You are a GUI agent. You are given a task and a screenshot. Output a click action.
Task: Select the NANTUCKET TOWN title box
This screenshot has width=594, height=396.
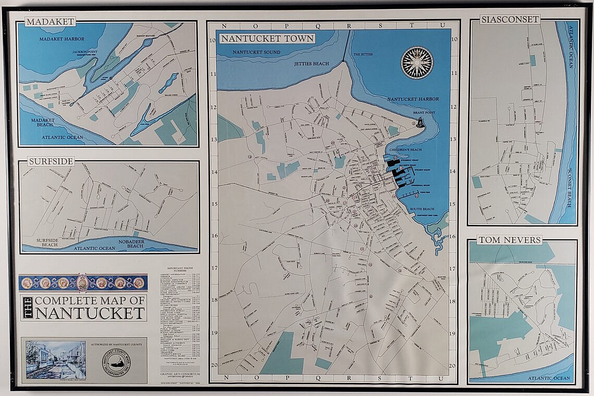267,39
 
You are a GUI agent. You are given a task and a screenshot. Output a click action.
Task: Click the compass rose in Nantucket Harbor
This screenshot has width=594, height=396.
416,62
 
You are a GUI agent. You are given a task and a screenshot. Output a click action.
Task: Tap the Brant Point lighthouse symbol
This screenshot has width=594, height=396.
420,123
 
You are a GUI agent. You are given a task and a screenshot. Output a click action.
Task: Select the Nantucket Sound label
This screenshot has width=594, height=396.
256,52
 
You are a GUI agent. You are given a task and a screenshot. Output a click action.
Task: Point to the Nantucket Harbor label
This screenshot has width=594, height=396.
413,99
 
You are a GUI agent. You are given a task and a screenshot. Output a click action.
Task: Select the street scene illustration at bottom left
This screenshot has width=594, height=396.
55,360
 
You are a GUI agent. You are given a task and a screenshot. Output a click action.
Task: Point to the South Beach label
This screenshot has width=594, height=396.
422,209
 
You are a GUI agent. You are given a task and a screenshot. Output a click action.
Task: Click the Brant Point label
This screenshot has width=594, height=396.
423,112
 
